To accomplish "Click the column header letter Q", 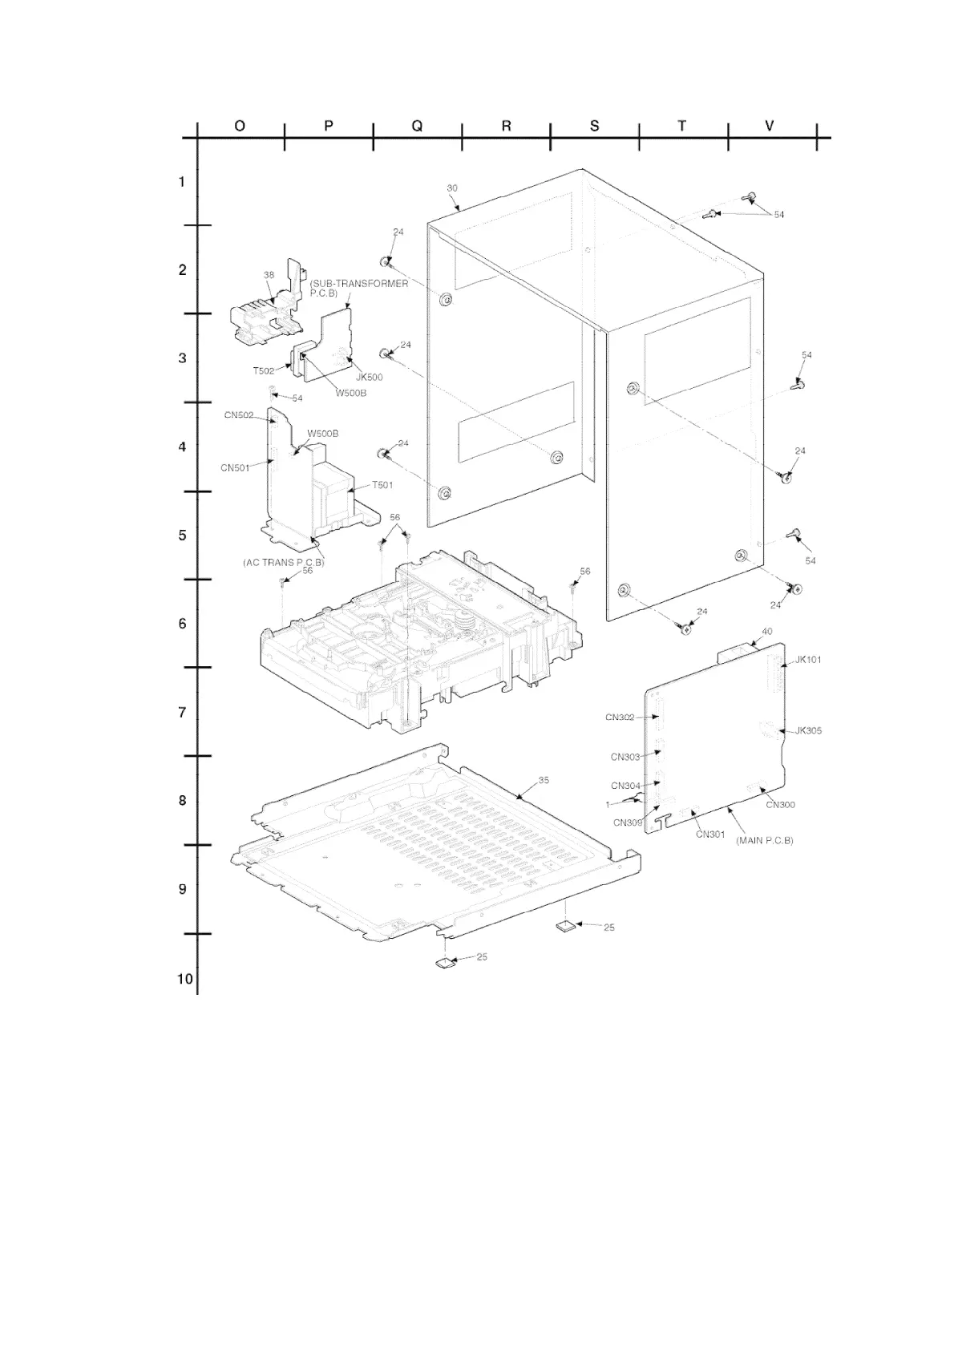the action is (417, 126).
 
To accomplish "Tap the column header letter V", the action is (770, 126).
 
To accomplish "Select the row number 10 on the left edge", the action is (185, 979).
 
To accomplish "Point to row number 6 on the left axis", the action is (182, 624).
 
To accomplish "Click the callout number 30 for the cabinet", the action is (452, 188).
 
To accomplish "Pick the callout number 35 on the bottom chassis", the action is (544, 780).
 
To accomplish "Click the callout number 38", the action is (269, 275).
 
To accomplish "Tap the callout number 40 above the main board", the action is (767, 632).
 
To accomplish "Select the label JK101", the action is (808, 660).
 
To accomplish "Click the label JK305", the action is (808, 730).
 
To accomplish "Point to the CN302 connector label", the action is (620, 717).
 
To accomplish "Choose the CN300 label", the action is (781, 805).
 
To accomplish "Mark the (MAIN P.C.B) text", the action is (764, 840).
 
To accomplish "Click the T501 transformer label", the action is (382, 485).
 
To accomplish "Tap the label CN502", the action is (239, 415).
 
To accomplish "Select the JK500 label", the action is (369, 377).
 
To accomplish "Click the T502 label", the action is (264, 370).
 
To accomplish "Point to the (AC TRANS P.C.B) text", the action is (284, 563).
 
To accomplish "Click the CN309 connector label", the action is (628, 823).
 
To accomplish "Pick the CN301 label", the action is (710, 835).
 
